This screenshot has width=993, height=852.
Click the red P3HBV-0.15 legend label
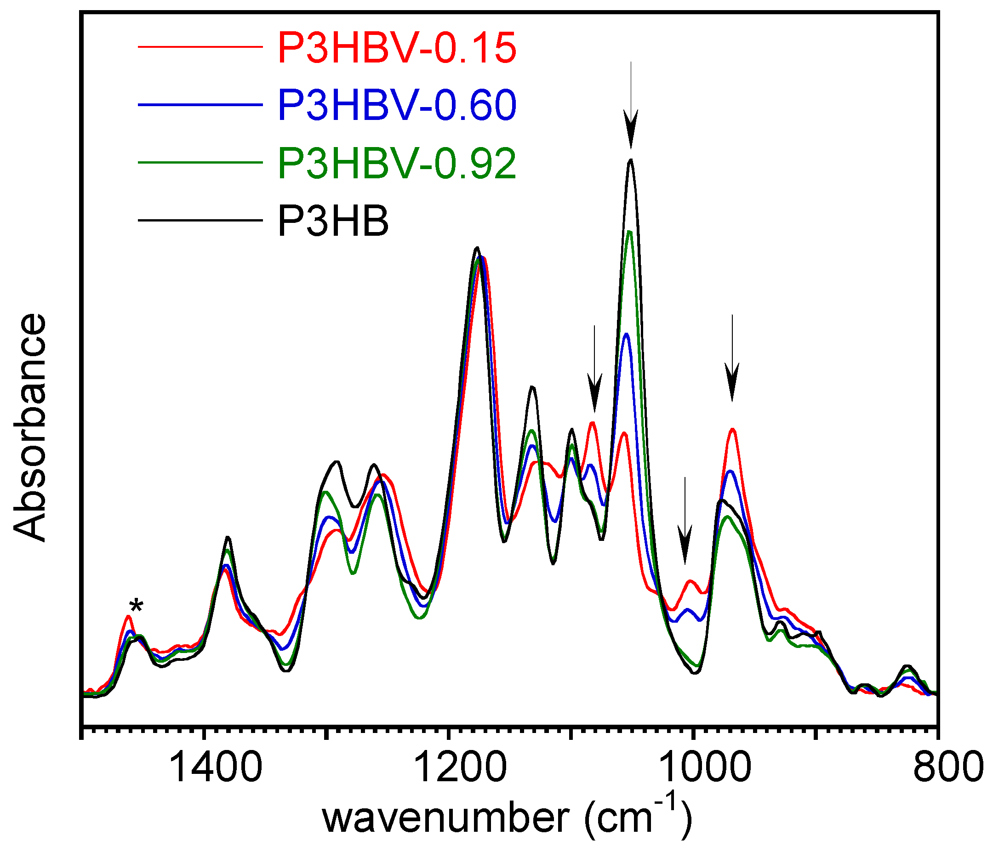[397, 48]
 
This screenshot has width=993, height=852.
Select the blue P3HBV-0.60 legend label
[397, 105]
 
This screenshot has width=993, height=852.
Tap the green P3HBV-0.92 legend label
[397, 164]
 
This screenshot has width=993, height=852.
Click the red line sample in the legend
[200, 47]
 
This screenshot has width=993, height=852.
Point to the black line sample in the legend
[200, 221]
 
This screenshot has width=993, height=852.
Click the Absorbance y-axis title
[30, 427]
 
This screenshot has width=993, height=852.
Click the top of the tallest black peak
[631, 160]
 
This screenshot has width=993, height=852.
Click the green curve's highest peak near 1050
[630, 233]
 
